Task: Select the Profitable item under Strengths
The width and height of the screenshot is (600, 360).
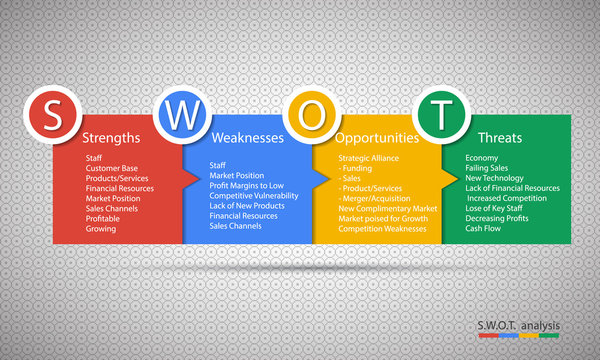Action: point(104,218)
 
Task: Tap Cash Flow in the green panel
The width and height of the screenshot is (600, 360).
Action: point(485,228)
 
